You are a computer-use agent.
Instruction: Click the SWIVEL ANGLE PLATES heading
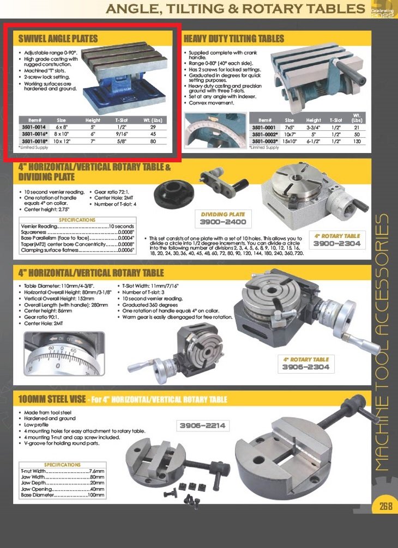click(58, 39)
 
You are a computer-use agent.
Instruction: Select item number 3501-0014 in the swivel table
click(32, 127)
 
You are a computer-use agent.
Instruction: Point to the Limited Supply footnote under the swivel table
click(33, 148)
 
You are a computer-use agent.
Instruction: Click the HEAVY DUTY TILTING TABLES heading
click(234, 39)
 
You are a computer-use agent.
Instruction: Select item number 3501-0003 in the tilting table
click(265, 141)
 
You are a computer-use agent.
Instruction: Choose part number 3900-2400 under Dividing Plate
click(224, 222)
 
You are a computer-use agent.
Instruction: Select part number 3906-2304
click(306, 368)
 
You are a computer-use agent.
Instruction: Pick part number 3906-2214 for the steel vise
click(202, 425)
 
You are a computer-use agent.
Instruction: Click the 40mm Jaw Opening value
click(96, 489)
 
